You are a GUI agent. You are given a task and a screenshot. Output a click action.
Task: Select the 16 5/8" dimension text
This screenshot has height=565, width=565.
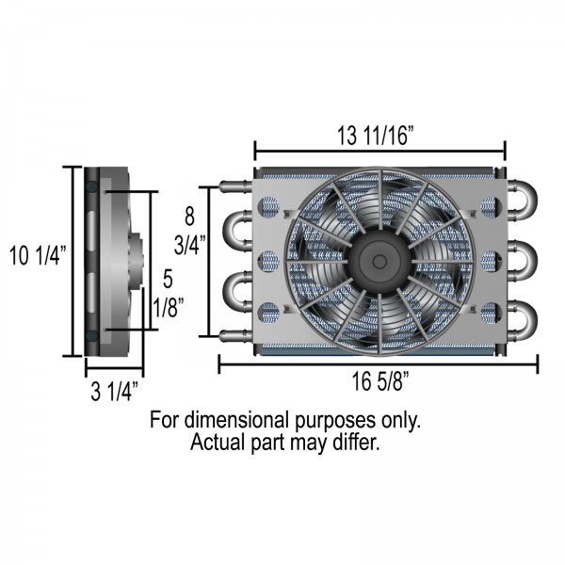point(380,381)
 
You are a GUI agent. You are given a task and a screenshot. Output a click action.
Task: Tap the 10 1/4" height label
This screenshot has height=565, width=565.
point(39,255)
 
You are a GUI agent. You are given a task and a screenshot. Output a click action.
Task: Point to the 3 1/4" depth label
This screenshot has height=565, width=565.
point(115,392)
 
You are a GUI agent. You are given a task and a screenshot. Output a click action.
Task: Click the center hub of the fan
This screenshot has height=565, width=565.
point(379,261)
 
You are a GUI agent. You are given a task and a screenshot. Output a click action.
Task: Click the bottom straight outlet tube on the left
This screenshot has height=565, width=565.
point(235,336)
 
